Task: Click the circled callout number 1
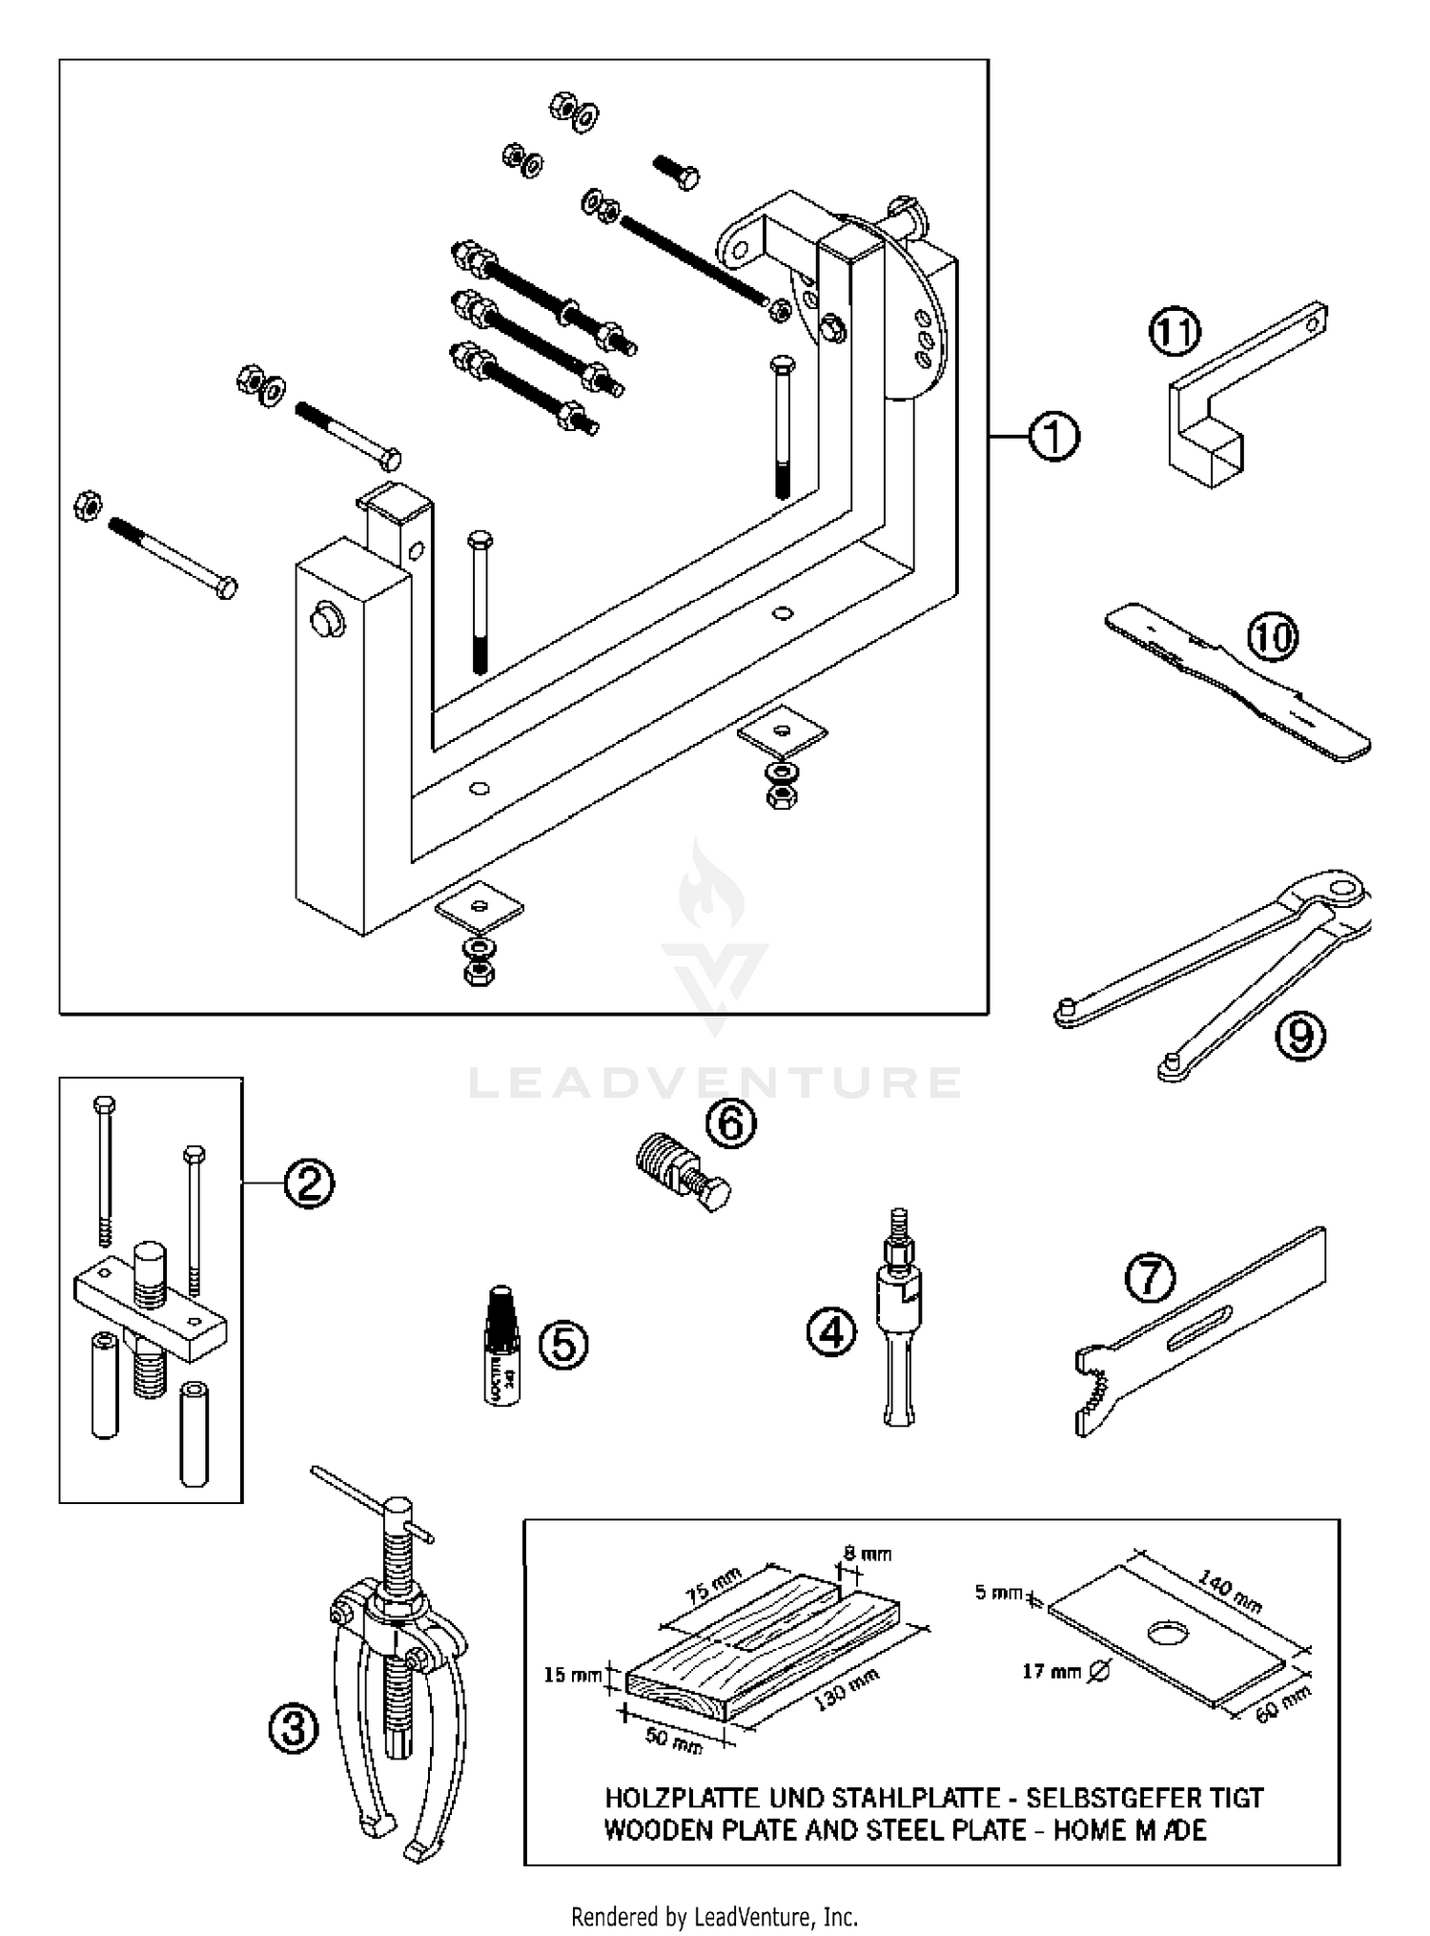[x=1053, y=438]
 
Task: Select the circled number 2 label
[x=308, y=1184]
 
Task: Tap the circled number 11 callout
[x=1174, y=333]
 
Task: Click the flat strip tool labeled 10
[x=1239, y=682]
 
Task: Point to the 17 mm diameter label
[x=1052, y=1672]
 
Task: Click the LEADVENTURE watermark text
[x=715, y=1083]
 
